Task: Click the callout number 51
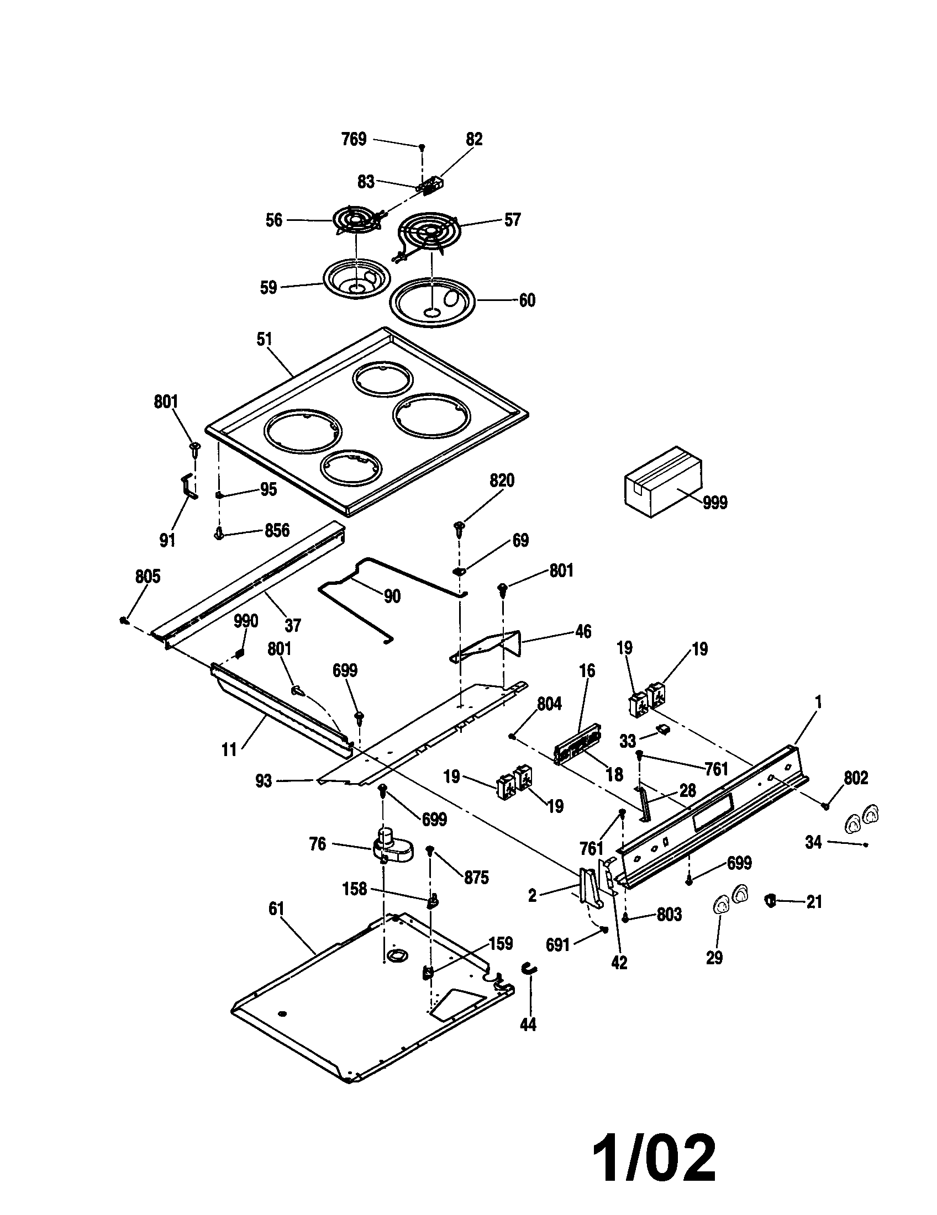[x=264, y=339]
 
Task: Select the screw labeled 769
[x=422, y=146]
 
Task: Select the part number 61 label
[x=276, y=909]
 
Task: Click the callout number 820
[x=501, y=480]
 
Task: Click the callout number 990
[x=246, y=621]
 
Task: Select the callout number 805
[x=148, y=577]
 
